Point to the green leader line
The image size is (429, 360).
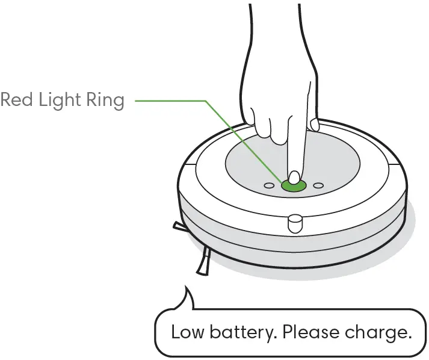coord(181,101)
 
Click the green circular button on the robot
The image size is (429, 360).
coord(294,185)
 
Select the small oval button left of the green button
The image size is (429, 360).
coord(269,185)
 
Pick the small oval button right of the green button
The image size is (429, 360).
coord(319,185)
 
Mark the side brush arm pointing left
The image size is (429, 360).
coord(179,226)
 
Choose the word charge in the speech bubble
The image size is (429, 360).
coord(378,332)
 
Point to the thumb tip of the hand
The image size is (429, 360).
coord(313,125)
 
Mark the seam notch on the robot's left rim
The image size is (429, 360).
coord(188,163)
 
